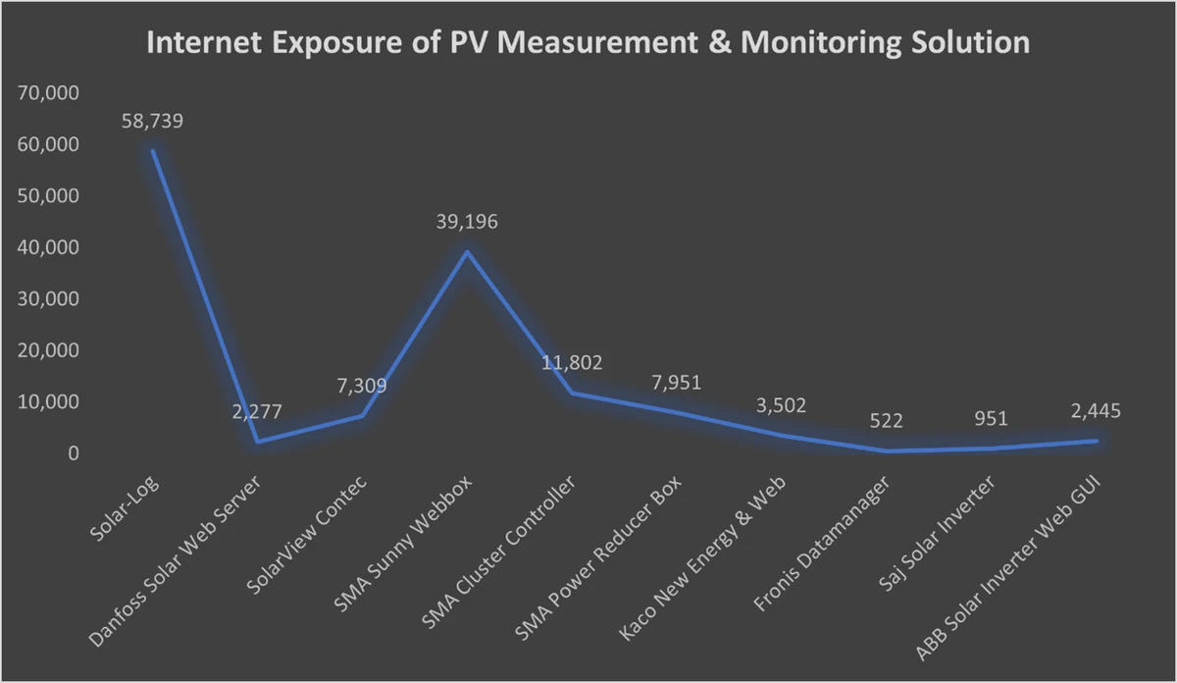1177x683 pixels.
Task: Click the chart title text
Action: pyautogui.click(x=588, y=44)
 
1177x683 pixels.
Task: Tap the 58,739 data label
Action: pyautogui.click(x=152, y=122)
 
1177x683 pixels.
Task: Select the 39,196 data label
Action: pyautogui.click(x=467, y=222)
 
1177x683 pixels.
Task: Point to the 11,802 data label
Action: pyautogui.click(x=572, y=363)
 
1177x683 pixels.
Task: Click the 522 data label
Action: pyautogui.click(x=887, y=421)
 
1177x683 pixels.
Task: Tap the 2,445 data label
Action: pyautogui.click(x=1095, y=411)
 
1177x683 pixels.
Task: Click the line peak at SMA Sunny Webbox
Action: pyautogui.click(x=467, y=251)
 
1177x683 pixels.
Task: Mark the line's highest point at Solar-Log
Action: pyautogui.click(x=152, y=150)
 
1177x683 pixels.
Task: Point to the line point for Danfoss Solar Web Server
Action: pyautogui.click(x=257, y=442)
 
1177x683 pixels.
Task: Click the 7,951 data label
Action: pyautogui.click(x=677, y=382)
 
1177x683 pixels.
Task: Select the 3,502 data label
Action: pyautogui.click(x=781, y=404)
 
